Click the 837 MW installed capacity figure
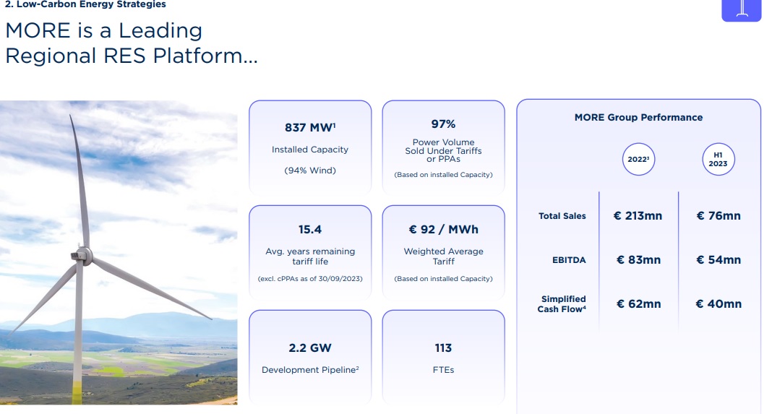tap(310, 127)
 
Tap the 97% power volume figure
tap(443, 124)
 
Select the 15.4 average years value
tap(309, 230)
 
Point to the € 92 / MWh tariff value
tap(443, 230)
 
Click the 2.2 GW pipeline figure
tap(309, 348)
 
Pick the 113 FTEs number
tap(443, 348)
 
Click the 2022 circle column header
tap(638, 159)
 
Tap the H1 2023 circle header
tap(718, 159)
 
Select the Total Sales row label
tap(562, 215)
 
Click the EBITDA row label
tap(569, 260)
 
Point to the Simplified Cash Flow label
tap(562, 303)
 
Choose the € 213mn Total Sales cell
tap(638, 215)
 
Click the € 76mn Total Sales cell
tap(719, 215)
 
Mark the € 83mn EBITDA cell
tap(638, 260)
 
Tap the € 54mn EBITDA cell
tap(719, 260)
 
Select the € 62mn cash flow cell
tap(638, 304)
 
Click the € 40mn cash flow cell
tap(719, 304)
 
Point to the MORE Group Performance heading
tap(638, 117)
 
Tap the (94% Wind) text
tap(309, 171)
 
